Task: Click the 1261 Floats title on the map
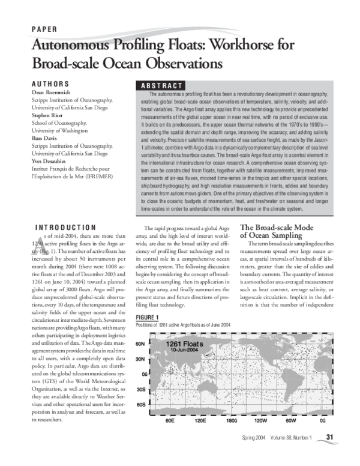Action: point(186,343)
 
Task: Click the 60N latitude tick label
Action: point(140,344)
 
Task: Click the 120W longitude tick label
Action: point(261,420)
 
